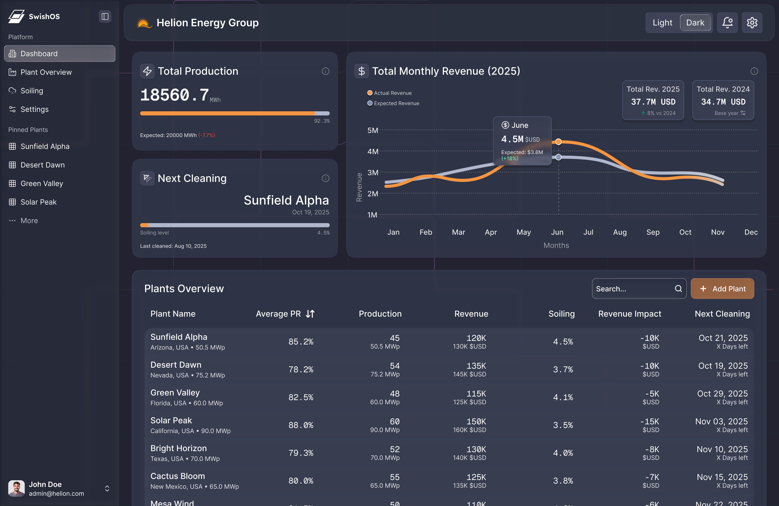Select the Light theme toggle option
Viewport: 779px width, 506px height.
click(x=662, y=23)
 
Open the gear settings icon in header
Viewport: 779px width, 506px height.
click(x=752, y=23)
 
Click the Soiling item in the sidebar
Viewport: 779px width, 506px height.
click(x=32, y=91)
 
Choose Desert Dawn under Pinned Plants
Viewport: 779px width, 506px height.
click(x=43, y=165)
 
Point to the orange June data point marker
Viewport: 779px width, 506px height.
click(x=558, y=142)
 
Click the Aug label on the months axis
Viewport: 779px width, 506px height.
click(x=620, y=232)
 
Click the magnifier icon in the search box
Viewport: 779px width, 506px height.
click(x=678, y=289)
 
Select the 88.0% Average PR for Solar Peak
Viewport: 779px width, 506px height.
click(x=301, y=425)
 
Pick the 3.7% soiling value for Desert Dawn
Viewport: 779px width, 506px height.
click(x=563, y=370)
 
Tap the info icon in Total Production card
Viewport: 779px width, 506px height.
click(x=325, y=71)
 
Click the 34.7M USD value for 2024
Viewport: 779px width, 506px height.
click(x=723, y=102)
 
